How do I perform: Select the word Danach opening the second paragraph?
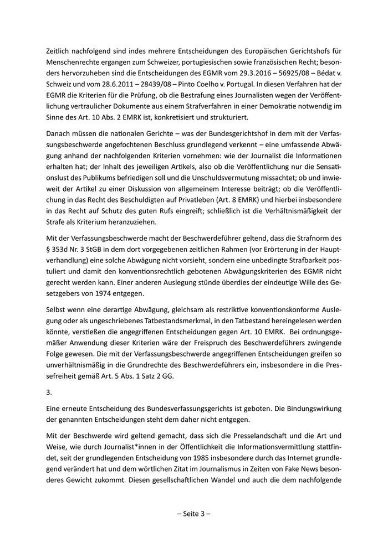tap(60, 133)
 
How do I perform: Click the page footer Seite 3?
tap(194, 513)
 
